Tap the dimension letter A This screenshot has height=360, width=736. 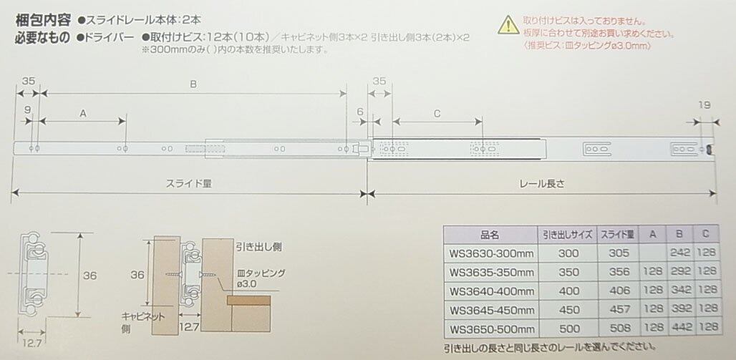[x=82, y=113]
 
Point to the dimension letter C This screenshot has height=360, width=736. [x=437, y=113]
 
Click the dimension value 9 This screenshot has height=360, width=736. [x=27, y=110]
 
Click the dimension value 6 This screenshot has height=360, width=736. [x=359, y=112]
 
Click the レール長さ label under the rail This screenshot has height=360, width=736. [x=542, y=183]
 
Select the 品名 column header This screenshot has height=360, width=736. [x=489, y=234]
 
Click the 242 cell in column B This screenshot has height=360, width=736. [x=678, y=253]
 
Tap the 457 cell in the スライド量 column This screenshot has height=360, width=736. [x=619, y=311]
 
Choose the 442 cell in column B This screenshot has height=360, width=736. [x=678, y=330]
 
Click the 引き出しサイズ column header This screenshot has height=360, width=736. [x=566, y=234]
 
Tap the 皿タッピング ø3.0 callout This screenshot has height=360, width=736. [x=261, y=278]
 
